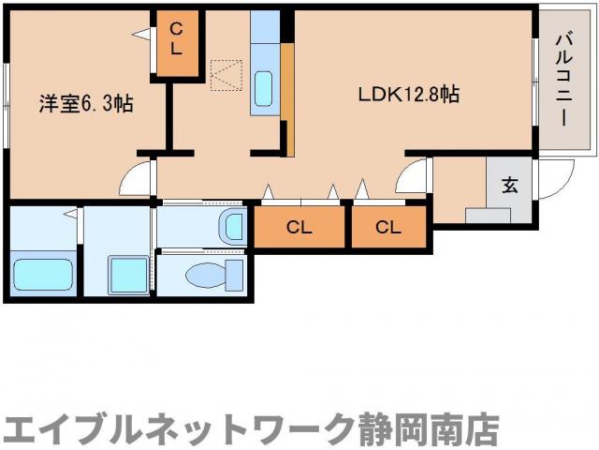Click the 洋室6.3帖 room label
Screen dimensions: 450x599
click(x=85, y=103)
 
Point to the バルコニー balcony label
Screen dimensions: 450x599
click(x=563, y=81)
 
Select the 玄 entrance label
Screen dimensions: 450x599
click(x=509, y=184)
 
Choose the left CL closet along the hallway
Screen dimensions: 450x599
click(x=299, y=226)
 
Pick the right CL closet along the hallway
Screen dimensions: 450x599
click(x=387, y=226)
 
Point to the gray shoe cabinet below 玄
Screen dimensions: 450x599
click(x=488, y=216)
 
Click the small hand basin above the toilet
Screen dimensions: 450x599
click(x=230, y=226)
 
